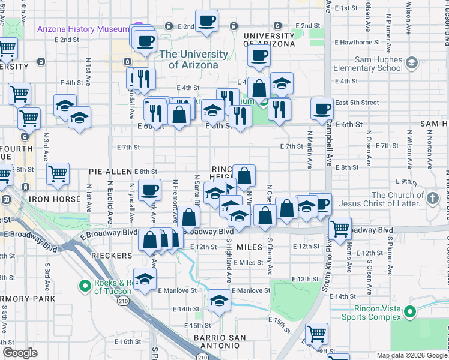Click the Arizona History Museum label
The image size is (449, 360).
click(x=83, y=29)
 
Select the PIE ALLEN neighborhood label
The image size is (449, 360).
click(x=110, y=172)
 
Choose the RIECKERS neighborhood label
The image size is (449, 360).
click(x=111, y=256)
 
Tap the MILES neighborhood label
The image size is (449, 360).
click(x=250, y=247)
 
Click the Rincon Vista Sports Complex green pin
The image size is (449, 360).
click(x=410, y=311)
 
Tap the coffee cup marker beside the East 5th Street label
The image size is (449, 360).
click(x=322, y=108)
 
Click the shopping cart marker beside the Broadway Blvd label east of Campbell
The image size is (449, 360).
click(x=340, y=228)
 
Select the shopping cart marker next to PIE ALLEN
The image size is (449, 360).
click(x=58, y=174)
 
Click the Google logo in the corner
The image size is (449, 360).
click(x=20, y=353)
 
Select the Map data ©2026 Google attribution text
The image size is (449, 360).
click(x=411, y=355)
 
